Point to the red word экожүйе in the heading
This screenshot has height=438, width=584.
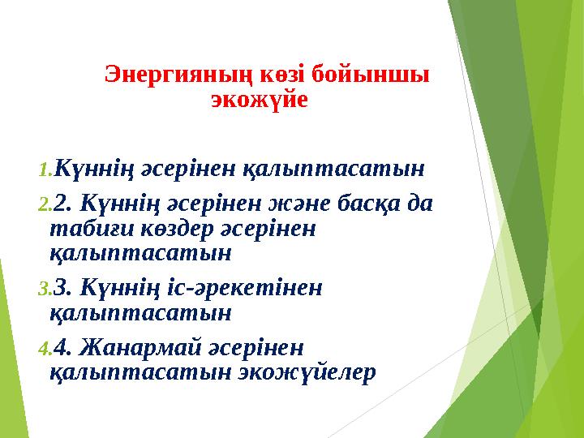click(259, 101)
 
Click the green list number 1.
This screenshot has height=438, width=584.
click(45, 170)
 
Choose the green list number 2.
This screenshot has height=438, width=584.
click(45, 206)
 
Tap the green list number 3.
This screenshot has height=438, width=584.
click(45, 289)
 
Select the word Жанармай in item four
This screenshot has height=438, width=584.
click(136, 348)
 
